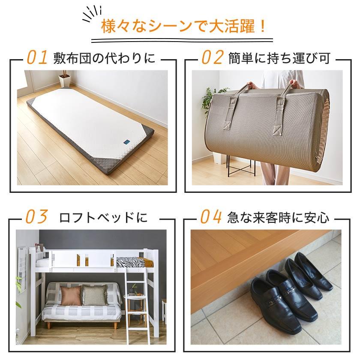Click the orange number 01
pos(37,57)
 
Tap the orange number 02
pos(213,57)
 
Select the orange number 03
pos(36,216)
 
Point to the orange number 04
pos(211,216)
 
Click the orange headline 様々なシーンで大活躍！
pos(183,27)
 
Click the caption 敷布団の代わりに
pos(105,58)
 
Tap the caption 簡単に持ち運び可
pos(279,58)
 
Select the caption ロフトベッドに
pos(103,217)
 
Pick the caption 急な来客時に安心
pos(278,217)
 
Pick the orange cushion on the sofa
pos(70,295)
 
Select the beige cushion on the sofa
pos(95,295)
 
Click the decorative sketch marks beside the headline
pos(92,14)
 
